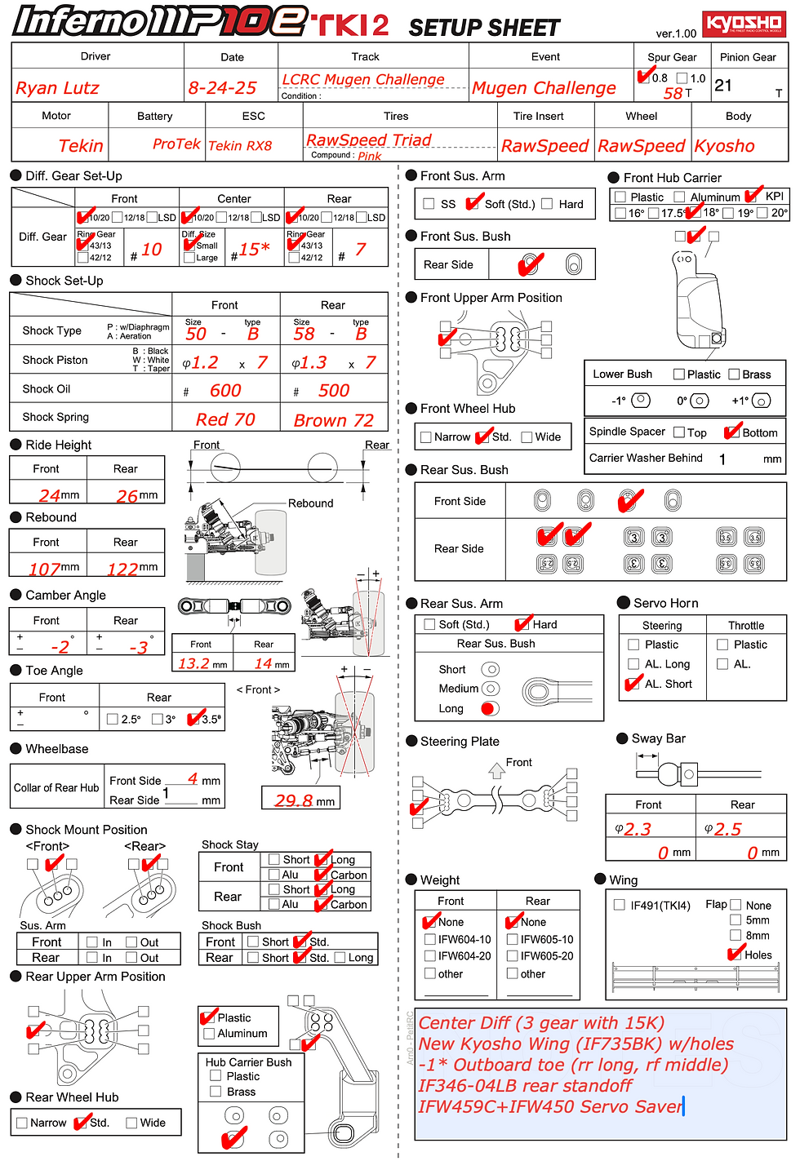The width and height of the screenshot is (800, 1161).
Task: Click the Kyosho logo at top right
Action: coord(744,24)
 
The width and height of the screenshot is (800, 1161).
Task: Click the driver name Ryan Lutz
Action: coord(57,88)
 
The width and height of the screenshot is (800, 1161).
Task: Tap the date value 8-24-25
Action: coord(222,88)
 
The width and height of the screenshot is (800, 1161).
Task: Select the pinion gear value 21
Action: coord(723,86)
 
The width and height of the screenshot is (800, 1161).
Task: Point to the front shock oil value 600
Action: coord(225,391)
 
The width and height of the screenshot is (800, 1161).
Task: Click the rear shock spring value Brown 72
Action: coord(333,421)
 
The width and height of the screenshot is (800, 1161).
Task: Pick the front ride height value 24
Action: coord(50,495)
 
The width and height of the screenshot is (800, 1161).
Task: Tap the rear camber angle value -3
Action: coord(138,647)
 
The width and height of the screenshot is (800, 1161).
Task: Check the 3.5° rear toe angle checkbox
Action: coord(194,719)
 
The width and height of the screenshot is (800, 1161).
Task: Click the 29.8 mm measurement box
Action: coord(300,800)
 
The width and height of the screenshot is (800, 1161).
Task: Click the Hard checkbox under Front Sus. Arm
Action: coord(547,204)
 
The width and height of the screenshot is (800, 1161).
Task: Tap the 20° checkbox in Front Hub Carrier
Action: coord(762,213)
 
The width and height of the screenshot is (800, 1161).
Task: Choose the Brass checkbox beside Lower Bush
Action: coord(735,374)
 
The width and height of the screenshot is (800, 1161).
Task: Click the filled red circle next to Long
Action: coord(490,708)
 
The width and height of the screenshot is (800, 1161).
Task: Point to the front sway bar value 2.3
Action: coord(638,830)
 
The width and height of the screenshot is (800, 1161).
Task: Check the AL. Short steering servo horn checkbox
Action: coord(633,684)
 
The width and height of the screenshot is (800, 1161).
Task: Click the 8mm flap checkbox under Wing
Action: coord(736,936)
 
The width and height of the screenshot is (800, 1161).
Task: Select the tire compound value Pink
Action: coord(369,156)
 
